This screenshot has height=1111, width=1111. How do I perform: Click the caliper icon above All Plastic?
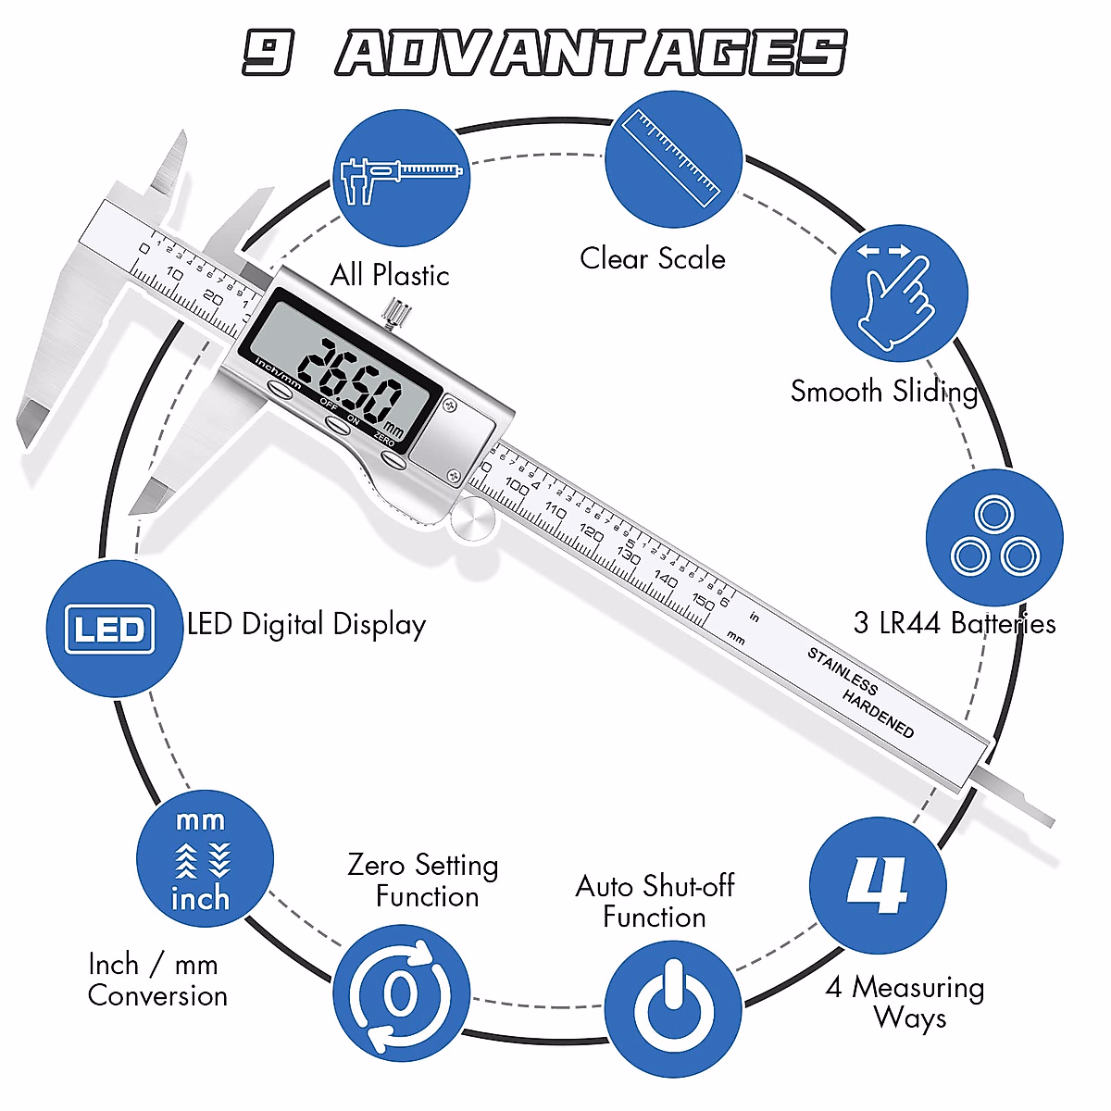point(401,178)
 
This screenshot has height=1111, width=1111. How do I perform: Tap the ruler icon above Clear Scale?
point(673,158)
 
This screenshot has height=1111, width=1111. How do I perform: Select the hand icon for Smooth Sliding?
point(898,293)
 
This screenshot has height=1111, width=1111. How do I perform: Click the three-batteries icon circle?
point(994,538)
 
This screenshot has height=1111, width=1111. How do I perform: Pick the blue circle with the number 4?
point(878,885)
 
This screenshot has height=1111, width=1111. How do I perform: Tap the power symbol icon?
point(673,1008)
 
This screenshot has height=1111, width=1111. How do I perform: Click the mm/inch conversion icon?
point(205,858)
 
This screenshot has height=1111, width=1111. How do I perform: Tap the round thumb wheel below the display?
point(471,519)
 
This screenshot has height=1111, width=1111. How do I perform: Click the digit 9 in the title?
point(268,52)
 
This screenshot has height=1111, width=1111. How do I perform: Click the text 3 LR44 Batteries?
point(954,624)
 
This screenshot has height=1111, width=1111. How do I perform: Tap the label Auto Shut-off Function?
point(655,902)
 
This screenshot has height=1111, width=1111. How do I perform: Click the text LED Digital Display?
point(306,625)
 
